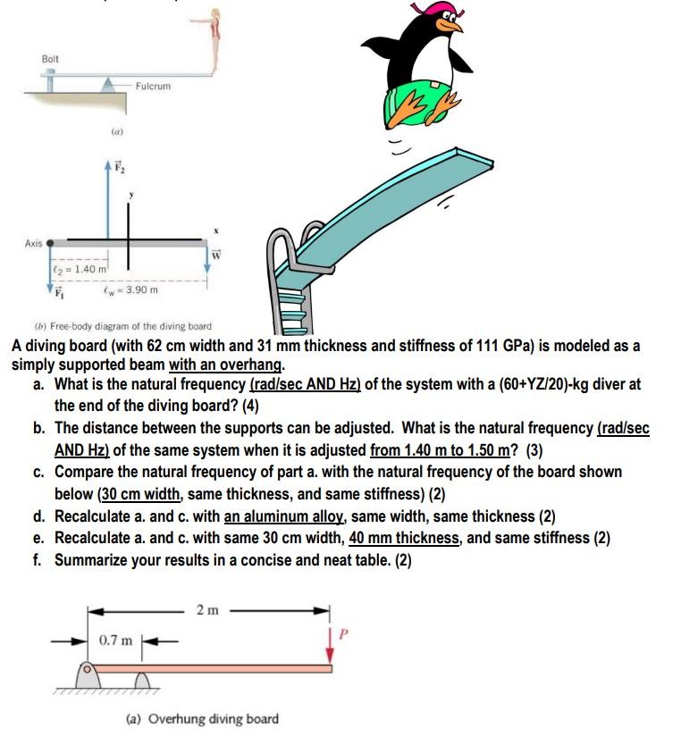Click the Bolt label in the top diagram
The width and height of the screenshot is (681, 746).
coord(51,58)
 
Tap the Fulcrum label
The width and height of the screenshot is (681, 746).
coord(154,87)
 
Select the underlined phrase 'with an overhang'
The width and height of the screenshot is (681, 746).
coord(226,365)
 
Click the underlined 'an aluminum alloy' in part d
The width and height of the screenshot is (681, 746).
coord(284,516)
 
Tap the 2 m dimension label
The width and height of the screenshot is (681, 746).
coord(207,610)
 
